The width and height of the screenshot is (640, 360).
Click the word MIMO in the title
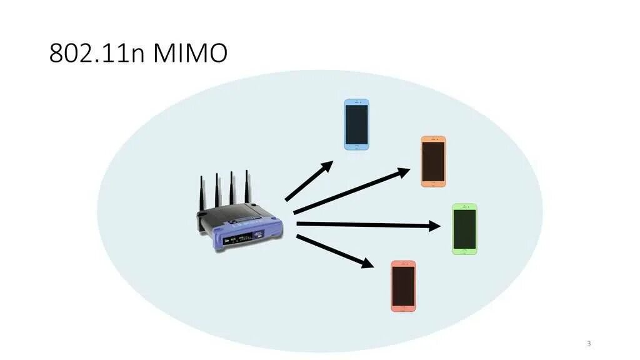[190, 54]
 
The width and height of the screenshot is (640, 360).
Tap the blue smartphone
[357, 124]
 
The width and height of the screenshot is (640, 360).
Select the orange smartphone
[433, 161]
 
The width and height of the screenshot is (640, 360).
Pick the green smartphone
[464, 229]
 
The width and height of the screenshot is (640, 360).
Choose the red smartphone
[403, 286]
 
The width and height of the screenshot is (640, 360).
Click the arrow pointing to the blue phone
[309, 181]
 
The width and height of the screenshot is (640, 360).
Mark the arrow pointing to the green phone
[369, 225]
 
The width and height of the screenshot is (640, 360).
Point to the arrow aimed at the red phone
[334, 251]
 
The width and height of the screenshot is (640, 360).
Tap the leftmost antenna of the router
[202, 194]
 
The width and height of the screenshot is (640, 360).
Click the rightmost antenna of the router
[247, 187]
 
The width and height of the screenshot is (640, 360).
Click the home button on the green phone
[464, 251]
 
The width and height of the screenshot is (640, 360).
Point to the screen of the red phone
[403, 285]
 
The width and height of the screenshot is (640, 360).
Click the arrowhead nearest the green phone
[435, 226]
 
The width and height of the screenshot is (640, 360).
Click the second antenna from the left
[217, 190]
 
